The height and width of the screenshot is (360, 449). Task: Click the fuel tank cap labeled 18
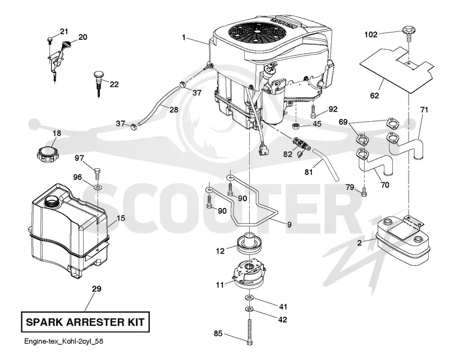pyautogui.click(x=48, y=155)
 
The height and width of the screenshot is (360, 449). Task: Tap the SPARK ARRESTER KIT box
pyautogui.click(x=85, y=322)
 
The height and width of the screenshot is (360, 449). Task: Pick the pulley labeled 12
pyautogui.click(x=250, y=243)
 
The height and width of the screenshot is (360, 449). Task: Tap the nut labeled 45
pyautogui.click(x=296, y=126)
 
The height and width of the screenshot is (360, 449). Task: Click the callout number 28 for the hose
pyautogui.click(x=173, y=109)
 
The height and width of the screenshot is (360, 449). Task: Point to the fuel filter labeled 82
pyautogui.click(x=301, y=143)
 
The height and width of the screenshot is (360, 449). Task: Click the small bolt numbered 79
pyautogui.click(x=364, y=191)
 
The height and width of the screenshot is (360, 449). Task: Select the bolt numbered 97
pyautogui.click(x=97, y=173)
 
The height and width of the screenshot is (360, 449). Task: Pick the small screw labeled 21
pyautogui.click(x=50, y=40)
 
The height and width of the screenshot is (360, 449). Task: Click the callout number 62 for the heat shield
pyautogui.click(x=374, y=95)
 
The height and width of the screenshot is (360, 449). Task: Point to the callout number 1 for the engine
pyautogui.click(x=184, y=37)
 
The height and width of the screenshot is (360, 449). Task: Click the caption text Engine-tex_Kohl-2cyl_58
pyautogui.click(x=63, y=341)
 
